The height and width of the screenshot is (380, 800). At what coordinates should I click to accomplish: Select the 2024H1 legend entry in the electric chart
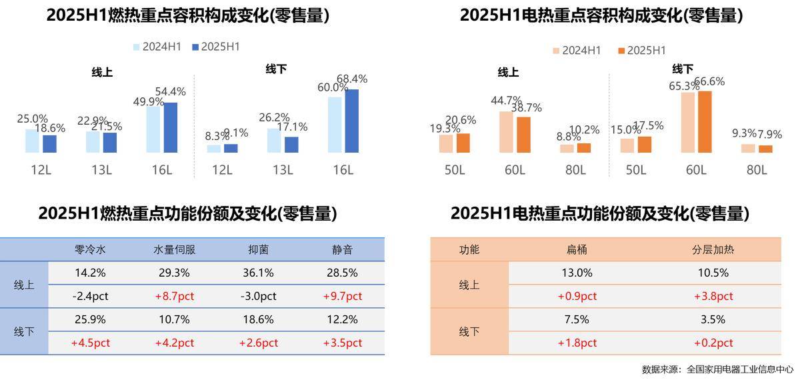tap(576, 50)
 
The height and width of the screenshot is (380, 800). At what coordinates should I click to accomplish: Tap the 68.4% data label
tap(352, 79)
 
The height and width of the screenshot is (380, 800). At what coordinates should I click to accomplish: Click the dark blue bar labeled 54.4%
tap(171, 127)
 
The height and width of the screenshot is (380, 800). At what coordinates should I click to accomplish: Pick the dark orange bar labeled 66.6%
tap(704, 122)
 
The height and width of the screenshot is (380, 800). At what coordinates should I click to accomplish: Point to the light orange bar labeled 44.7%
tap(506, 132)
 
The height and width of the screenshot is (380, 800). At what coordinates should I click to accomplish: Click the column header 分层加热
tap(713, 250)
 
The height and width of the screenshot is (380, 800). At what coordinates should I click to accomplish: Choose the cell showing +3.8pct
tap(713, 296)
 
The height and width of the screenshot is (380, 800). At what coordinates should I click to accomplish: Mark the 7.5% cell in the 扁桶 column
tap(577, 319)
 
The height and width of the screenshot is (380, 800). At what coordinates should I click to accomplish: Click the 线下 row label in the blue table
tap(24, 331)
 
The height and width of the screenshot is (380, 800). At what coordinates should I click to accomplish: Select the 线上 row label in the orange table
tap(469, 285)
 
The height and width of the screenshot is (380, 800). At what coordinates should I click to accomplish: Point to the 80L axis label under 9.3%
tap(756, 170)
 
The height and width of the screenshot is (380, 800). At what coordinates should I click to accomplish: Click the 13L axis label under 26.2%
tap(282, 170)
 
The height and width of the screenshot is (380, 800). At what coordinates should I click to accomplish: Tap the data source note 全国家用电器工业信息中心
tap(739, 369)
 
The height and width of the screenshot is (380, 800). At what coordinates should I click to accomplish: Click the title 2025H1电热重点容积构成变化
tap(601, 15)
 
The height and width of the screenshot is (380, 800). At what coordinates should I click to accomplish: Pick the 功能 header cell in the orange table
tap(469, 250)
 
